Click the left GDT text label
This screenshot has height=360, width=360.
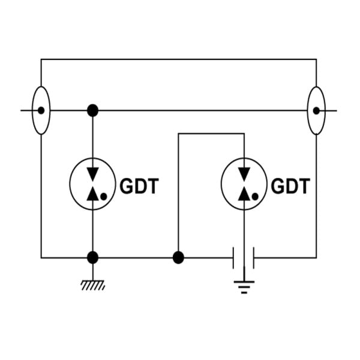[139, 186]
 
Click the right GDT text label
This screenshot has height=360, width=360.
[290, 186]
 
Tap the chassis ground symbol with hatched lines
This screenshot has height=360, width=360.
[93, 286]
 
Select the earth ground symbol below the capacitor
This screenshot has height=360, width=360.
[244, 287]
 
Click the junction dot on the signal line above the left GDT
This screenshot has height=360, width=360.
[93, 110]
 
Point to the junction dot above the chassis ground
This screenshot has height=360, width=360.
[93, 257]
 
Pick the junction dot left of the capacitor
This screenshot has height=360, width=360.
[178, 257]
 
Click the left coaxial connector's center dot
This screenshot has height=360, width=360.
[41, 110]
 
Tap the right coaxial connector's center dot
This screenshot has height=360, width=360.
[316, 110]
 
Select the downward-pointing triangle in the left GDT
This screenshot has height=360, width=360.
[93, 174]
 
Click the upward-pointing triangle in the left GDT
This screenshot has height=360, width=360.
[93, 194]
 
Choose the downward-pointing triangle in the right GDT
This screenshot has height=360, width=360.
[244, 174]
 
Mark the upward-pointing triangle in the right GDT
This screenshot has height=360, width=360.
[244, 194]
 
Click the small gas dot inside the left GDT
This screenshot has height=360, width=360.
[104, 197]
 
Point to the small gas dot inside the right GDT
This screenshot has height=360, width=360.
[255, 197]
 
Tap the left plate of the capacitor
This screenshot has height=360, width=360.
[233, 257]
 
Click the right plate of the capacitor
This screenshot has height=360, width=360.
[253, 257]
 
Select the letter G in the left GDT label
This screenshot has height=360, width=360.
[126, 186]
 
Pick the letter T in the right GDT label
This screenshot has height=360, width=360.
[304, 186]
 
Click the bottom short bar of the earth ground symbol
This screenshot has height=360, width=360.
[244, 293]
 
